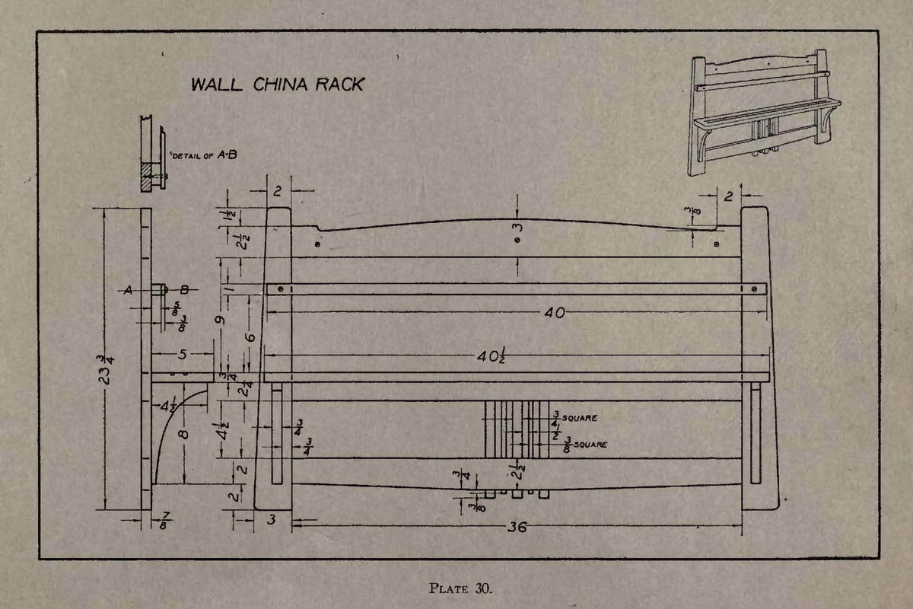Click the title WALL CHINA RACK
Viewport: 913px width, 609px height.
point(277,84)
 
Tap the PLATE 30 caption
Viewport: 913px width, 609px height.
point(460,588)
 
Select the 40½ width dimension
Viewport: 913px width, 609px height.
point(491,356)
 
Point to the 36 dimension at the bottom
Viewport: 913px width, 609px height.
point(517,527)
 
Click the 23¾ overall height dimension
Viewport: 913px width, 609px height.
point(106,370)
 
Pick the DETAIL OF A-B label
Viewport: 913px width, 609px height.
point(205,155)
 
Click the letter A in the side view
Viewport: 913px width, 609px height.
point(128,290)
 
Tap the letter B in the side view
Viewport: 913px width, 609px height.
point(184,289)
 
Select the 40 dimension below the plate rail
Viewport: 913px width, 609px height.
point(555,313)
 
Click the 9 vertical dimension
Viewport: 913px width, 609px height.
point(220,320)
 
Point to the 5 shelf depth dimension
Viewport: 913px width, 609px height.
point(182,354)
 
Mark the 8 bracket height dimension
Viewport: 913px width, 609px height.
point(184,434)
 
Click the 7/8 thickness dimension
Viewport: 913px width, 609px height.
point(164,521)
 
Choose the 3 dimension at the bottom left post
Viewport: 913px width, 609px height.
point(272,519)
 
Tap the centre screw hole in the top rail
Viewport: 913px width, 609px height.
point(517,241)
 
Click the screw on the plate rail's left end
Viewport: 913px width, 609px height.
point(281,289)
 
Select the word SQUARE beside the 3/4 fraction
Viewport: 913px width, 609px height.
point(579,418)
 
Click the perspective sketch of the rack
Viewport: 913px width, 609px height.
point(764,113)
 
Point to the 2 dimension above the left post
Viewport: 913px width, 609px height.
point(278,191)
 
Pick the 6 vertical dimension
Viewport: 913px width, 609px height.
point(250,338)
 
